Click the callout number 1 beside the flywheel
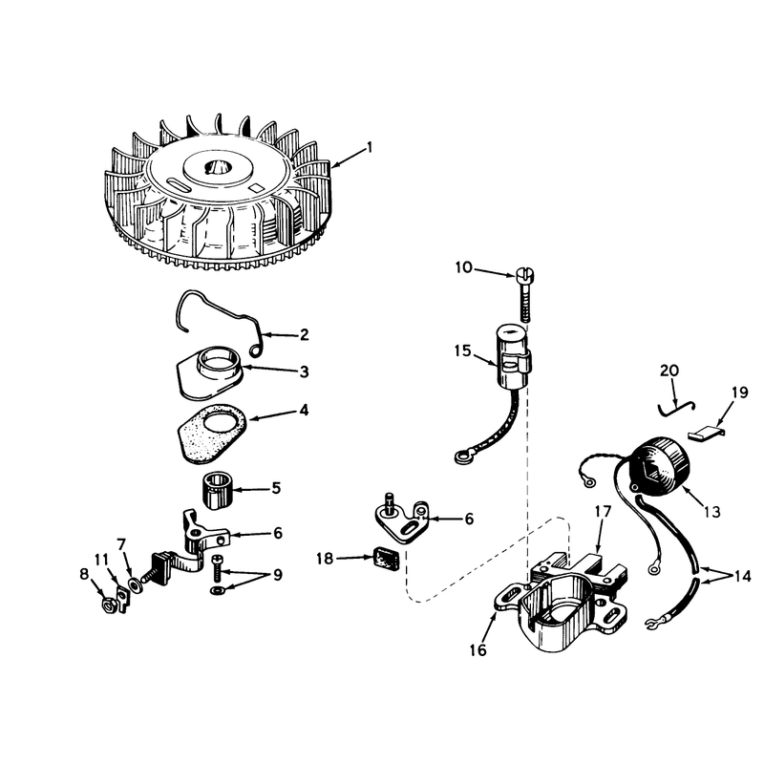click(x=370, y=147)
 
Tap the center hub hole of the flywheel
click(x=218, y=167)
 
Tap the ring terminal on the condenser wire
click(x=461, y=457)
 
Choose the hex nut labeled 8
click(x=110, y=605)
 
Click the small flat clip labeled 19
click(x=706, y=433)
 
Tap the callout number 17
click(x=603, y=512)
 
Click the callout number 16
click(x=478, y=649)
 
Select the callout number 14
click(x=743, y=577)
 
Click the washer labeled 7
click(x=134, y=584)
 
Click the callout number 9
click(x=277, y=575)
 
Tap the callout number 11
click(x=101, y=560)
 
